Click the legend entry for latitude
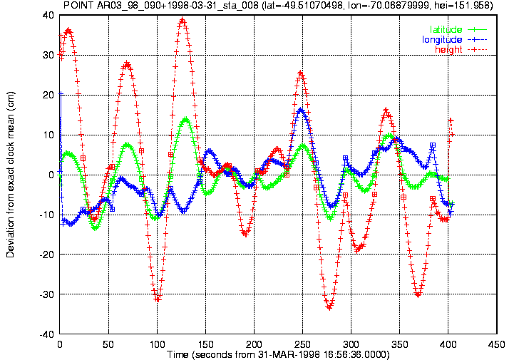pyautogui.click(x=458, y=29)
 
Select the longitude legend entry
pyautogui.click(x=454, y=40)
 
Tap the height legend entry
pyautogui.click(x=461, y=49)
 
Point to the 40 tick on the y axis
pyautogui.click(x=48, y=15)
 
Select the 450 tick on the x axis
pyautogui.click(x=497, y=344)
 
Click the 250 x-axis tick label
pyautogui.click(x=302, y=344)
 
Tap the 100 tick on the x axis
pyautogui.click(x=157, y=344)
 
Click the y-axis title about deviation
pyautogui.click(x=10, y=175)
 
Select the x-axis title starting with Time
pyautogui.click(x=278, y=354)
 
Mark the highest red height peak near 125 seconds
pyautogui.click(x=183, y=21)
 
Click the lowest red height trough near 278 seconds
pyautogui.click(x=329, y=307)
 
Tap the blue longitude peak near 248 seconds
pyautogui.click(x=301, y=110)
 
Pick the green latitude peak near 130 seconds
pyautogui.click(x=186, y=119)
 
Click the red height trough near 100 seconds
pyautogui.click(x=158, y=299)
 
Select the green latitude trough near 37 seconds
pyautogui.click(x=95, y=228)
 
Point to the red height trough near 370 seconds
pyautogui.click(x=418, y=294)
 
